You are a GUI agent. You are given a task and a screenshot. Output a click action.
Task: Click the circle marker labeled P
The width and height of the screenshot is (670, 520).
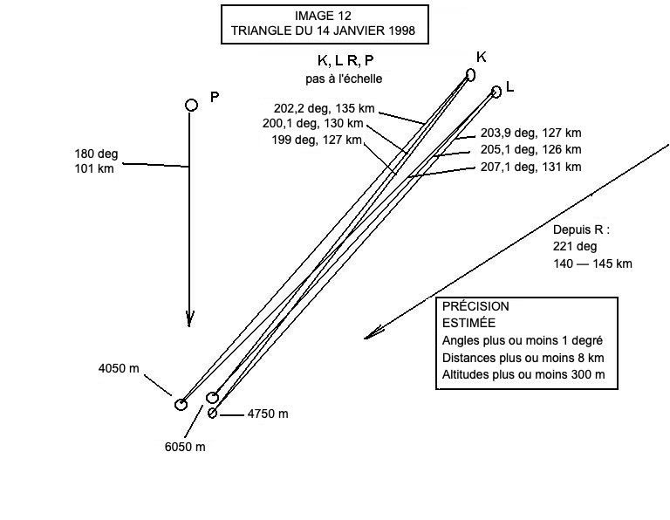tap(192, 105)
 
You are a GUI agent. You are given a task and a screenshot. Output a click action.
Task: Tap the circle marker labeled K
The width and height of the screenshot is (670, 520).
tap(471, 75)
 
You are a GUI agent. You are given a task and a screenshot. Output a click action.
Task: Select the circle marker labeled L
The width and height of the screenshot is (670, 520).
tap(496, 91)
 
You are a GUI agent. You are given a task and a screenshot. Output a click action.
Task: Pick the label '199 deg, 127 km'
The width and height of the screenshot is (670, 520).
tap(316, 140)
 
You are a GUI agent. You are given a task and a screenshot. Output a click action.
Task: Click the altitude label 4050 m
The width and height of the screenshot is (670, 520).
tap(119, 369)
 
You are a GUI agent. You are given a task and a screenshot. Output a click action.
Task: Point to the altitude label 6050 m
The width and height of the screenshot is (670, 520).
tap(185, 448)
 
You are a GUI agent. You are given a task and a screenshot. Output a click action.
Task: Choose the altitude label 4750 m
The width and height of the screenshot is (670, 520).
tap(267, 414)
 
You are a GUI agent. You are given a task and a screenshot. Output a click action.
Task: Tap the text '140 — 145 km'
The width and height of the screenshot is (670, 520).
tap(592, 263)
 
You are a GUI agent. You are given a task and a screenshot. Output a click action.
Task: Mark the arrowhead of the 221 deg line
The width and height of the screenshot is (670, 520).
tap(370, 335)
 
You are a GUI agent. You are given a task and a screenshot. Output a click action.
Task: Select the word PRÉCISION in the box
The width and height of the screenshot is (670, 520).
tap(475, 307)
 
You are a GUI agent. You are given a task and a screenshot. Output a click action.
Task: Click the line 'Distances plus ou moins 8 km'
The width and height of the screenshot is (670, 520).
tap(523, 358)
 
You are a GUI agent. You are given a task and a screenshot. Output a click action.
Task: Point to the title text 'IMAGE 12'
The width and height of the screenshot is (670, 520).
tap(324, 16)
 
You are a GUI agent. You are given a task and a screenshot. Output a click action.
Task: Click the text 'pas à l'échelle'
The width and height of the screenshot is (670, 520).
tap(344, 79)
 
